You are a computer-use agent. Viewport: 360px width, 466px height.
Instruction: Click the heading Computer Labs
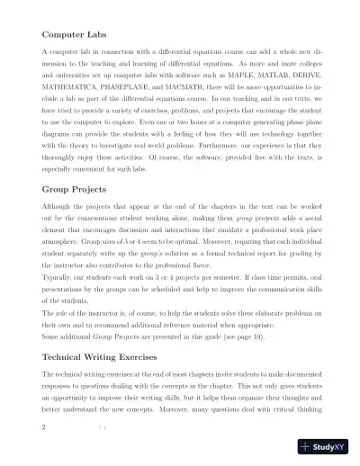[x=76, y=36]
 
